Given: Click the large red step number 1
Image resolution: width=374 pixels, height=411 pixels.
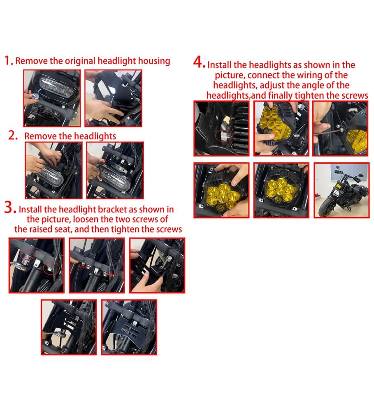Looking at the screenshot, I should tap(8, 60).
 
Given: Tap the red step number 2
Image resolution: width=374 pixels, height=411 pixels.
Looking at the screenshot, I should tap(13, 136).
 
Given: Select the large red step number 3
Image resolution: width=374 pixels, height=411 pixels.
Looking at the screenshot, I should tap(10, 208).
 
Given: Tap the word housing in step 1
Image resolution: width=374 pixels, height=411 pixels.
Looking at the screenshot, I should tap(153, 61).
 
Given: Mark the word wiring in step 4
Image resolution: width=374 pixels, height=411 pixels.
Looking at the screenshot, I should tap(307, 75).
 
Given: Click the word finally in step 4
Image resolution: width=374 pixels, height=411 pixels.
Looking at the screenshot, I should tap(283, 96).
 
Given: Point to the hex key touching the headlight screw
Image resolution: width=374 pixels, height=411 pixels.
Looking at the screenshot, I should tap(329, 129).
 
